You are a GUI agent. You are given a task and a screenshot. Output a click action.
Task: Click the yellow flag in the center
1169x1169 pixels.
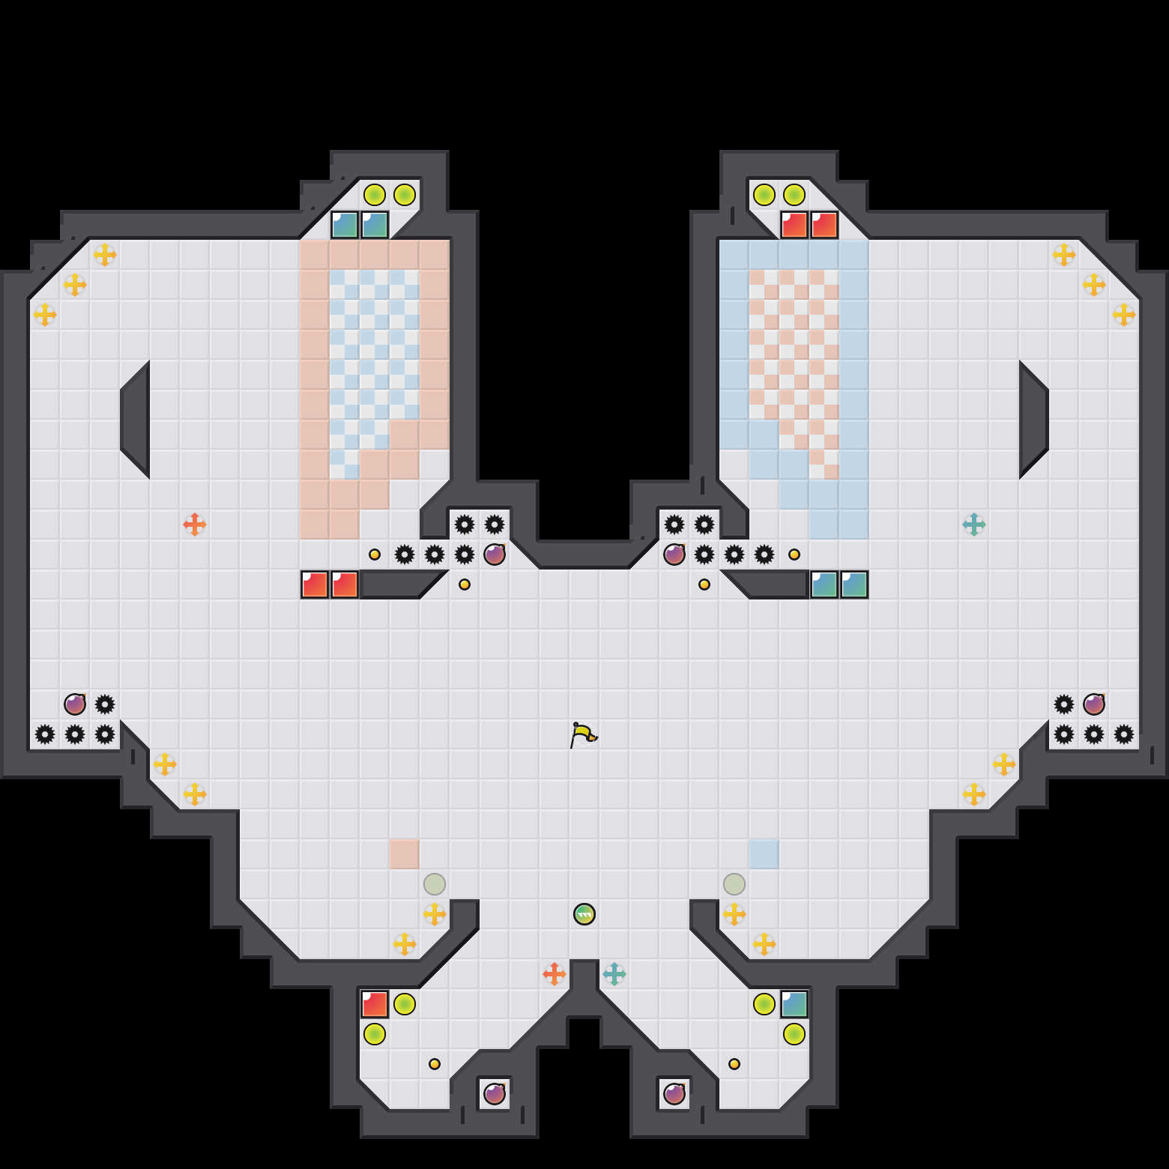coord(583,734)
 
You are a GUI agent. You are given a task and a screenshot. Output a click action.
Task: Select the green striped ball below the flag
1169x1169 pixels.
coord(584,914)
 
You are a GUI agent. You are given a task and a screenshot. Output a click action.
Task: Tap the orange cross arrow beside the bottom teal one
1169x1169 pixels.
coord(555,974)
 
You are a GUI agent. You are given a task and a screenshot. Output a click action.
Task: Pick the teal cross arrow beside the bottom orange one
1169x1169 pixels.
coord(614,974)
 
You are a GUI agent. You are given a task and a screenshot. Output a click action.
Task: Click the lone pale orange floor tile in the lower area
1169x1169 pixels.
coord(405,854)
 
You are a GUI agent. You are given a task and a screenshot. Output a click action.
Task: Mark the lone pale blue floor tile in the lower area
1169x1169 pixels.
coord(764,854)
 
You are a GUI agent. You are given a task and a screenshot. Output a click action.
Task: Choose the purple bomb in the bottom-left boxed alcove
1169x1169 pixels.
coord(495,1094)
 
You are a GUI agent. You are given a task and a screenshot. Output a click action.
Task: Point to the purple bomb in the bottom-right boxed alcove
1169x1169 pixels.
coord(674,1094)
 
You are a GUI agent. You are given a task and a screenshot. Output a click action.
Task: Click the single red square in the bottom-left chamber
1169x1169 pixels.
coord(375,1004)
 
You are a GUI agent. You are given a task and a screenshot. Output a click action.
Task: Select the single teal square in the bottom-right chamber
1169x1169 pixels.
coord(794,1004)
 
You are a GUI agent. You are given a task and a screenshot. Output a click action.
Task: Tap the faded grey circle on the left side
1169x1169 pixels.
coord(435,884)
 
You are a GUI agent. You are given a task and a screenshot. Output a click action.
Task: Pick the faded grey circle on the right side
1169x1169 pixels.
coord(734,884)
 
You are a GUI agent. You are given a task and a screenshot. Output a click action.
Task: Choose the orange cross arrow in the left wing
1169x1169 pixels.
coord(195,525)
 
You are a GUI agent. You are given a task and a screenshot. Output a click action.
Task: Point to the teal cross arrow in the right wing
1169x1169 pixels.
coord(974,525)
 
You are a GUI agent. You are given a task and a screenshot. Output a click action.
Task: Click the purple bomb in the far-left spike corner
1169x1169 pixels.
coord(75,704)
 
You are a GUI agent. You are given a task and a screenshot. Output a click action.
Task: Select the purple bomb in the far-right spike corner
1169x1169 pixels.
coord(1094,704)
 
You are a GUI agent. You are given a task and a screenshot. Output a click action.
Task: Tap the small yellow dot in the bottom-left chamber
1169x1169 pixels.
coord(435,1064)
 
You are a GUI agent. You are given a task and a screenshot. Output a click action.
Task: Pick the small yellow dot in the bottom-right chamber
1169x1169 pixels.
coord(734,1064)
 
